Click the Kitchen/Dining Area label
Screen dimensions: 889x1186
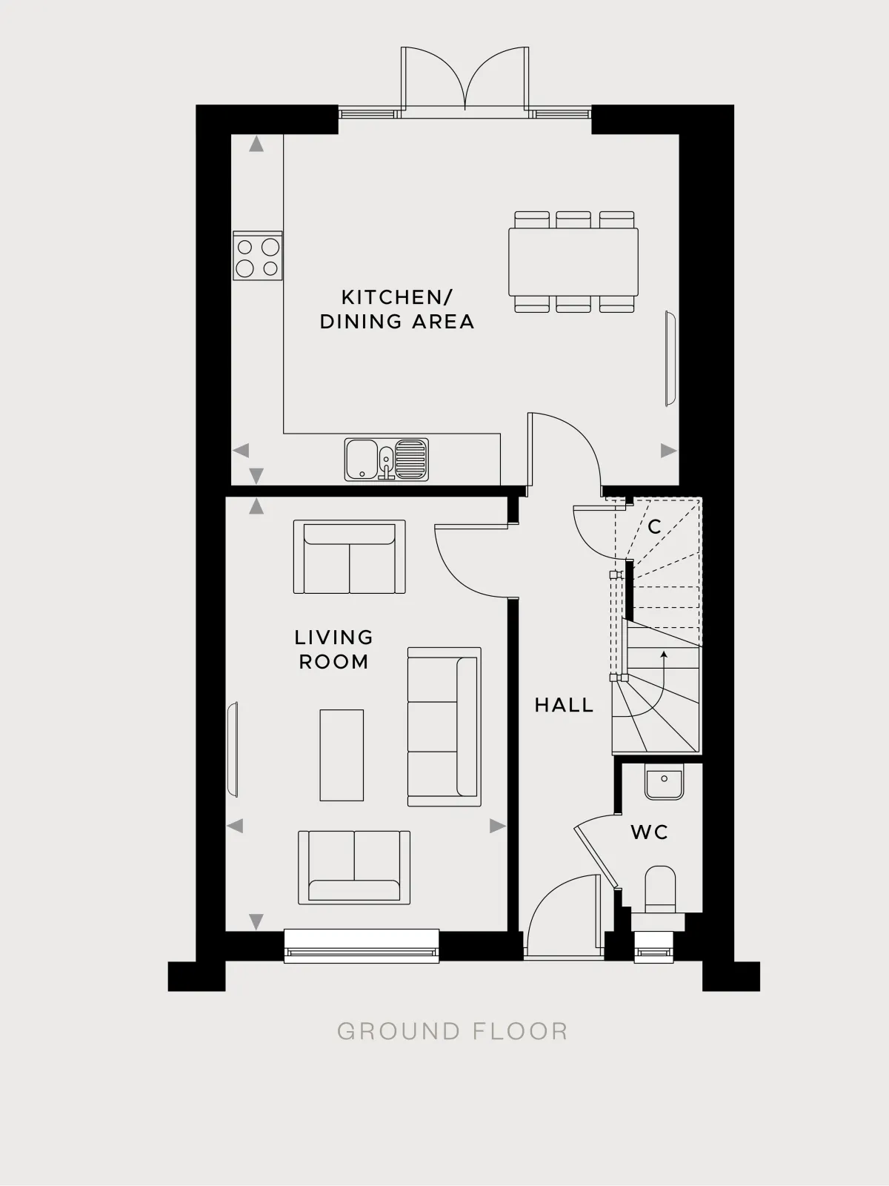(x=397, y=310)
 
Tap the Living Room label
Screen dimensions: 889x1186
(x=333, y=649)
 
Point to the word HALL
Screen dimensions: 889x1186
(x=564, y=705)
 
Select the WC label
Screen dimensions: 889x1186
(x=650, y=832)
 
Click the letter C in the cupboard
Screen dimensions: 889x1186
(x=654, y=526)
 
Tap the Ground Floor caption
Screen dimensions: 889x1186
(x=453, y=1032)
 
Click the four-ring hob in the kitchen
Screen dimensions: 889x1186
(x=258, y=256)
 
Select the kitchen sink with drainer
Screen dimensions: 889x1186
(x=387, y=460)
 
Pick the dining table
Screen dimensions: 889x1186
(x=573, y=262)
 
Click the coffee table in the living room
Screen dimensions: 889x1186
(x=342, y=755)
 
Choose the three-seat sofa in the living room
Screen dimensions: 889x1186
(x=444, y=726)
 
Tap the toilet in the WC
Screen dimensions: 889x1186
(x=660, y=889)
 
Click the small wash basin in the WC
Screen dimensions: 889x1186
(x=664, y=781)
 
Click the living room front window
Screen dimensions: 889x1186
(x=362, y=946)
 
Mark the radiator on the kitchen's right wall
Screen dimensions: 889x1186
(x=670, y=358)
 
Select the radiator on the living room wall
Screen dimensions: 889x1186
(x=233, y=749)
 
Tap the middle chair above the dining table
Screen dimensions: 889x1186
(x=573, y=219)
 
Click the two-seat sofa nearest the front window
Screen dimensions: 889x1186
(x=354, y=867)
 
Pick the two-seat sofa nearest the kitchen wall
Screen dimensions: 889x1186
(x=349, y=557)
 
